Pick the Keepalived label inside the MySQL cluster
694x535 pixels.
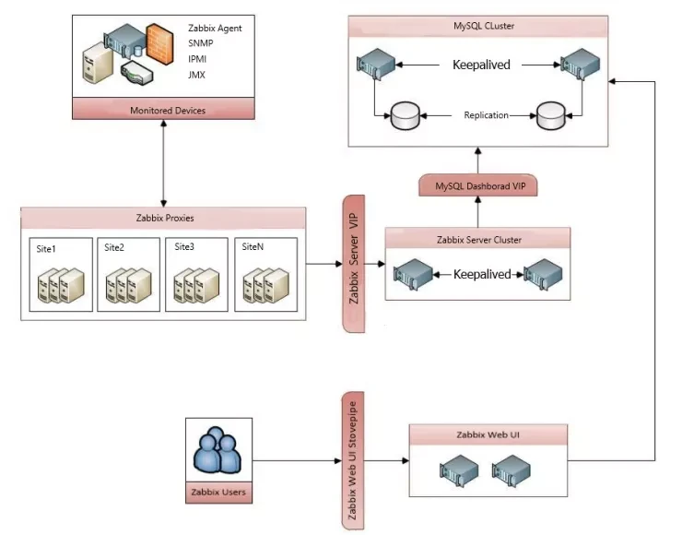pyautogui.click(x=481, y=65)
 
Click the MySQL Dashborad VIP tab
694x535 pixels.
pyautogui.click(x=478, y=186)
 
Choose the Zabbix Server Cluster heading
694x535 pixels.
pyautogui.click(x=478, y=240)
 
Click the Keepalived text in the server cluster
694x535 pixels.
pyautogui.click(x=482, y=274)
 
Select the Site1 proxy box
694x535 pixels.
pyautogui.click(x=61, y=274)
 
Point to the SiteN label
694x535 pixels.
pyautogui.click(x=253, y=247)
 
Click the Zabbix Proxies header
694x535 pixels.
pyautogui.click(x=164, y=219)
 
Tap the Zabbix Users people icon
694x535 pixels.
pyautogui.click(x=218, y=452)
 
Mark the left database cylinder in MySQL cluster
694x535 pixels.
pyautogui.click(x=406, y=117)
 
